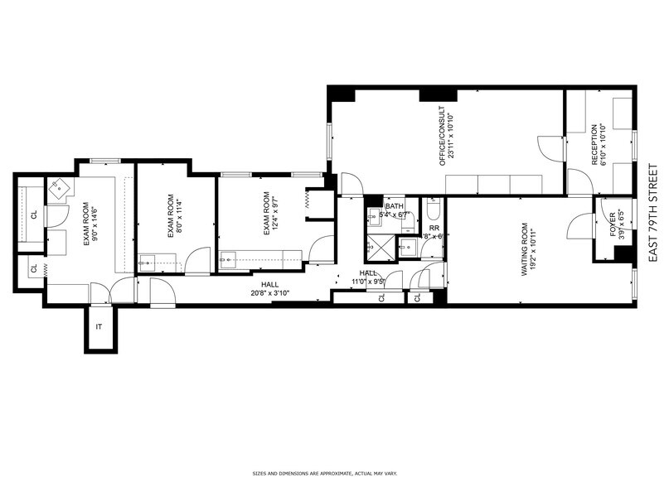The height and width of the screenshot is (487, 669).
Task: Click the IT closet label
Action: point(99,327)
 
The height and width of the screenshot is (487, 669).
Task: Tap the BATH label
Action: point(394,205)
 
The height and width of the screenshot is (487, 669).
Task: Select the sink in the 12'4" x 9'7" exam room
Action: point(230,259)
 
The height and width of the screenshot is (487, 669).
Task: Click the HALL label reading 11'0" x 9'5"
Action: point(367,277)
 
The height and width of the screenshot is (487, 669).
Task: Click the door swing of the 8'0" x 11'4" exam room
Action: point(197,263)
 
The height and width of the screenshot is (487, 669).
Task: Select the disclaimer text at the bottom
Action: point(333,474)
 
